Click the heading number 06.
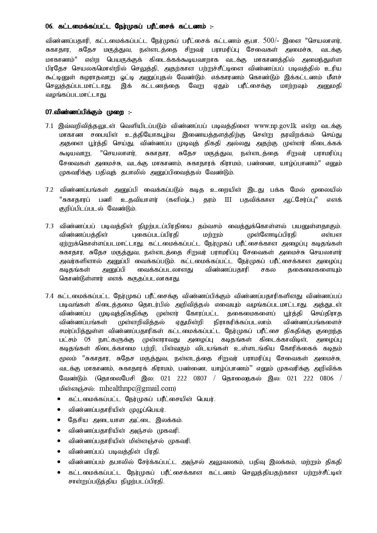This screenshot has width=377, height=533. pos(49,26)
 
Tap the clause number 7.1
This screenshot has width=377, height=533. pos(49,126)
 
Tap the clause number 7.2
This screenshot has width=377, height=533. pos(49,190)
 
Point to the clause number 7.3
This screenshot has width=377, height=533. pos(49,226)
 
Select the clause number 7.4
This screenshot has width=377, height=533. pos(49,296)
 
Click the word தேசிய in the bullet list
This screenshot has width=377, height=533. pos(78,420)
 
